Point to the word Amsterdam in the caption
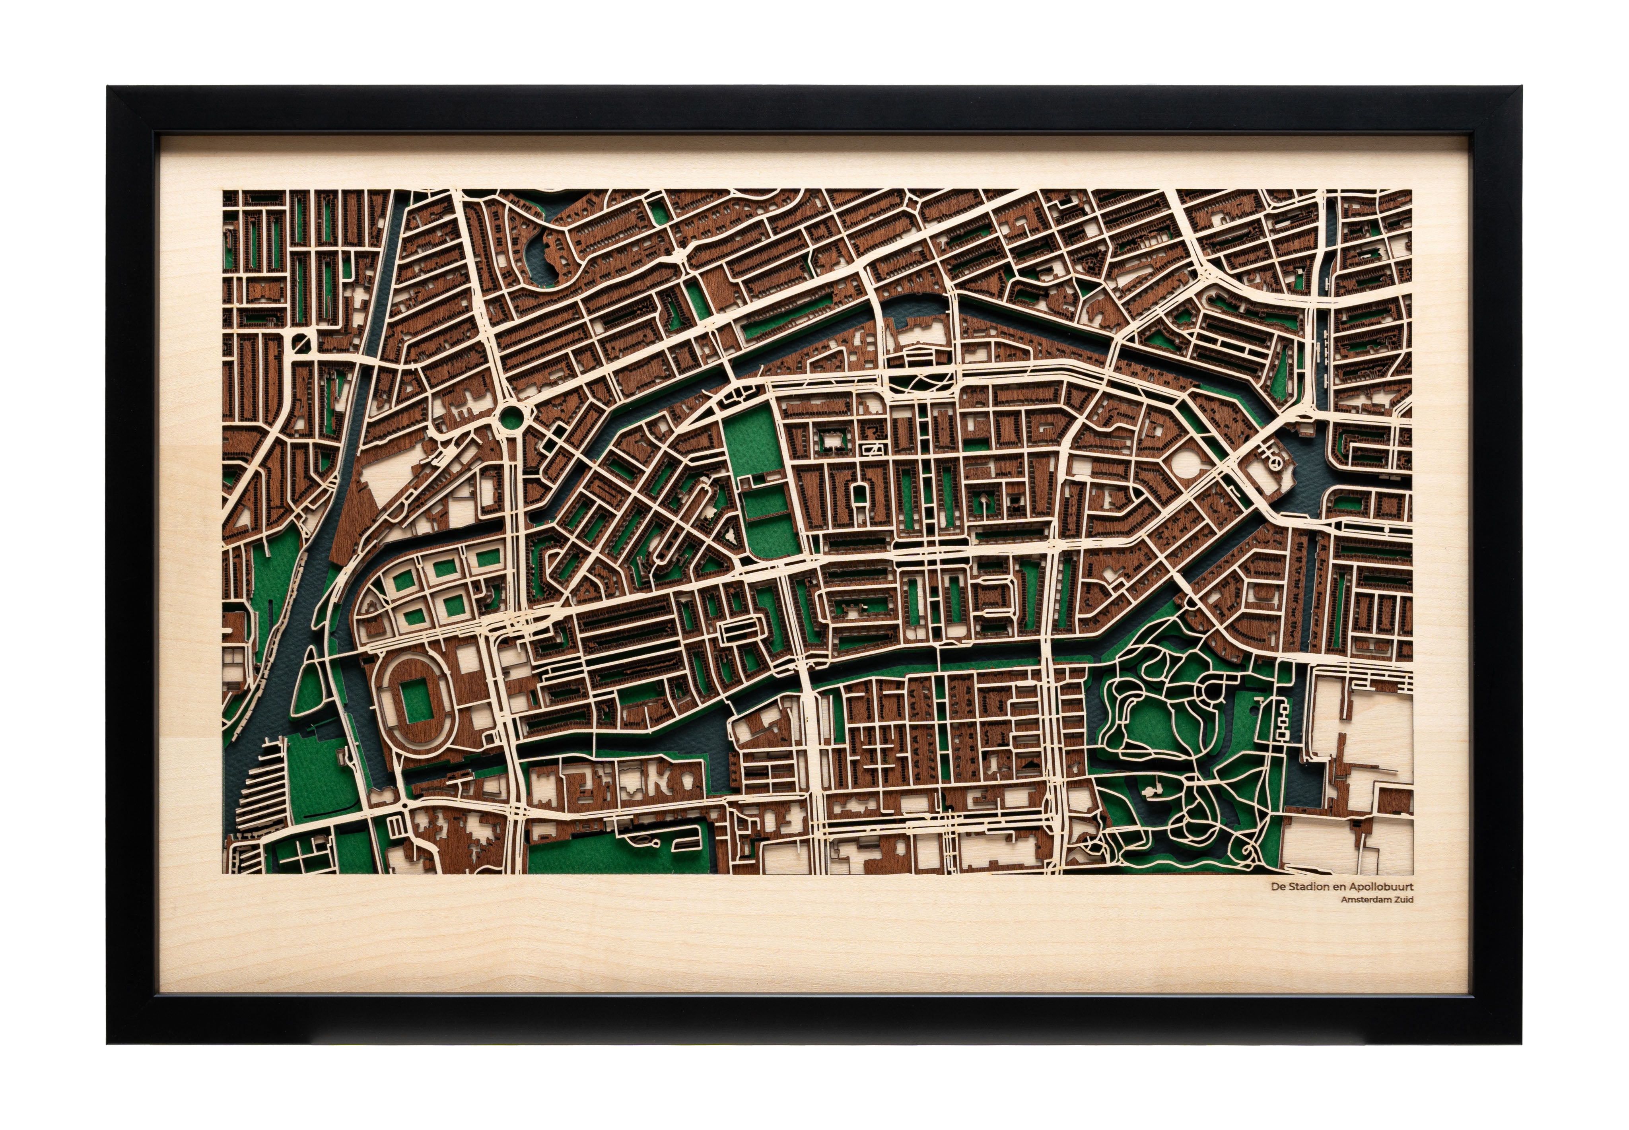pyautogui.click(x=1363, y=900)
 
